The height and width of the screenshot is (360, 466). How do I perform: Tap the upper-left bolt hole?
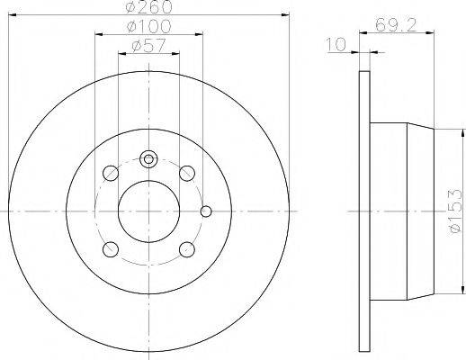click(x=110, y=173)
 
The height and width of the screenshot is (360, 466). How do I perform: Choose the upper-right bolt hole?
click(x=186, y=173)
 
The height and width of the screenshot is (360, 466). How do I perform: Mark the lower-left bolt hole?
click(x=110, y=248)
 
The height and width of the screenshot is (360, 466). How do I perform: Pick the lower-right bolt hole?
click(x=186, y=248)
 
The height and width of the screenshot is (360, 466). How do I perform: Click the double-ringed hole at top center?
click(x=148, y=158)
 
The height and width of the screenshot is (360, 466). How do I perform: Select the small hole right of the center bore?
click(x=206, y=212)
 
